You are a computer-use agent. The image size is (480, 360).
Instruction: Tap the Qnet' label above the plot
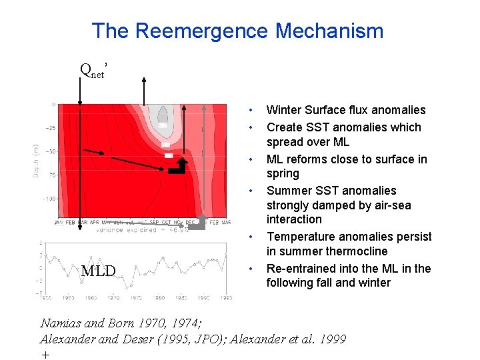click(93, 69)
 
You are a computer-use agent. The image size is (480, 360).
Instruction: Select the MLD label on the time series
click(98, 271)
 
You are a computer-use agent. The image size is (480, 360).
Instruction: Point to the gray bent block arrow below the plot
click(197, 225)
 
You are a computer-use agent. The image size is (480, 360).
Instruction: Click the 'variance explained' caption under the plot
click(125, 229)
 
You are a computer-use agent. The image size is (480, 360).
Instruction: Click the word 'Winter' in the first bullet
click(284, 110)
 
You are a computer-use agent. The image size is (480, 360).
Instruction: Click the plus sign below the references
click(45, 355)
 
